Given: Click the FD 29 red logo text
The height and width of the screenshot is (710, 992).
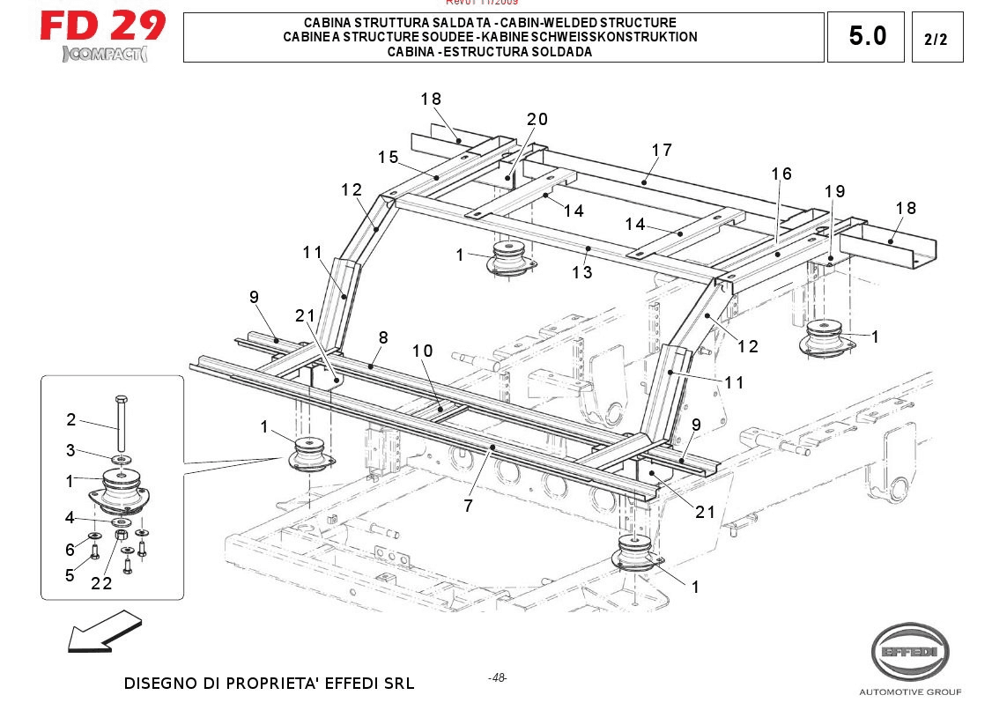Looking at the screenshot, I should click(102, 26).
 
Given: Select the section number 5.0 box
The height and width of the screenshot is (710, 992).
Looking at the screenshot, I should click(867, 37).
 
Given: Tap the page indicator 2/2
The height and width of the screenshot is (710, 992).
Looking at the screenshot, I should click(936, 39).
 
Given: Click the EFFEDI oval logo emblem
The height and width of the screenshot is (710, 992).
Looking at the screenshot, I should click(910, 653).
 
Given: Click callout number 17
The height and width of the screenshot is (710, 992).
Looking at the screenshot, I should click(662, 151).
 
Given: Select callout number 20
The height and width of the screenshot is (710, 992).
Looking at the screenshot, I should click(537, 120).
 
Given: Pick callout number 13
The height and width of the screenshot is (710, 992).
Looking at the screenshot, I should click(581, 272).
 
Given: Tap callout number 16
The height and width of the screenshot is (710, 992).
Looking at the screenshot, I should click(781, 174).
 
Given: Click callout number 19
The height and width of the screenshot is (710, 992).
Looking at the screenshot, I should click(834, 191).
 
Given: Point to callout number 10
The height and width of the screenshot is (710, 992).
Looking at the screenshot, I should click(423, 351).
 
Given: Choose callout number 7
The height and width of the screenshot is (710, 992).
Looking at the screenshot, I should click(469, 506).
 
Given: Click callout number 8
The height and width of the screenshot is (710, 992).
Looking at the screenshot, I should click(383, 337).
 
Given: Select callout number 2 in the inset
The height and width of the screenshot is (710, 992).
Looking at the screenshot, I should click(71, 420).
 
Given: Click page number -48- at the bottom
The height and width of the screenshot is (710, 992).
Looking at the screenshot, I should click(498, 677).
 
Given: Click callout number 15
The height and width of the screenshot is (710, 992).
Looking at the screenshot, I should click(389, 158).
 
